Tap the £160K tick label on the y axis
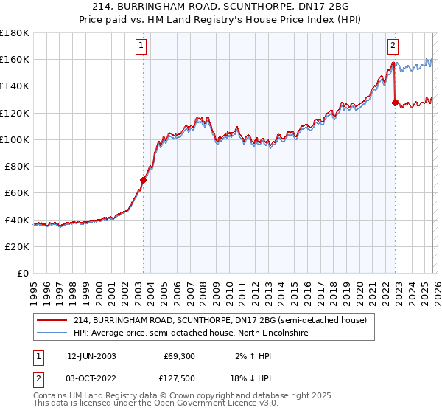pyautogui.click(x=15, y=59)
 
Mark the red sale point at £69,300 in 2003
pyautogui.click(x=143, y=180)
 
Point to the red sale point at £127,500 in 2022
pyautogui.click(x=396, y=103)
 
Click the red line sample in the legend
pyautogui.click(x=53, y=320)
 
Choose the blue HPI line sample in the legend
pyautogui.click(x=53, y=333)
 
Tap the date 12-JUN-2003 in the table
pyautogui.click(x=91, y=355)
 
